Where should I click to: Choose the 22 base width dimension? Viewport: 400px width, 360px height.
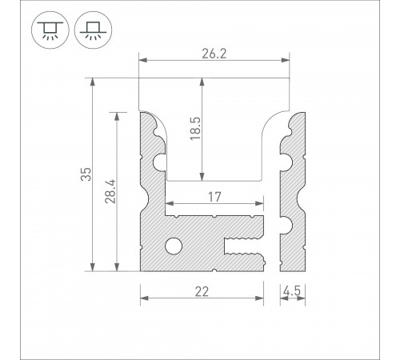[x=202, y=294]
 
